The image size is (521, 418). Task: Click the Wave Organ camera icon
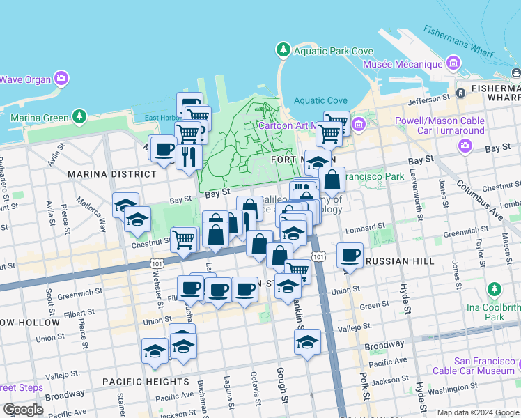(61, 78)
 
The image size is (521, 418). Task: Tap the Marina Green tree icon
(79, 115)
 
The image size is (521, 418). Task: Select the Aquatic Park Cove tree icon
(283, 50)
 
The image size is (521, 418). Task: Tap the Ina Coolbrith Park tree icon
(495, 288)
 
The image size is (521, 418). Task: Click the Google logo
(22, 409)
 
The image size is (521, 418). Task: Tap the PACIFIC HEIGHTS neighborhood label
(145, 382)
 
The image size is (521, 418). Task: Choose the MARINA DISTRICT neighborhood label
(111, 173)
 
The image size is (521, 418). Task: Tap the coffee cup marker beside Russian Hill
(350, 255)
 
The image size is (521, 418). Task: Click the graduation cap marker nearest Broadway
(307, 341)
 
